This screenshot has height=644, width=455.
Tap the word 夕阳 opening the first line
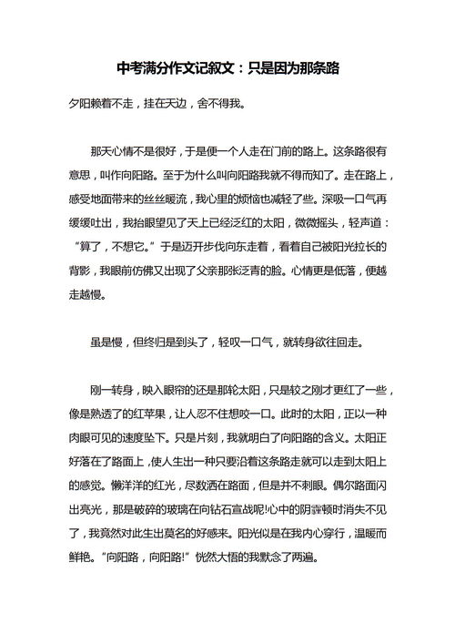[x=80, y=103]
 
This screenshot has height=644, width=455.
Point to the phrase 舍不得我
[x=218, y=103]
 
